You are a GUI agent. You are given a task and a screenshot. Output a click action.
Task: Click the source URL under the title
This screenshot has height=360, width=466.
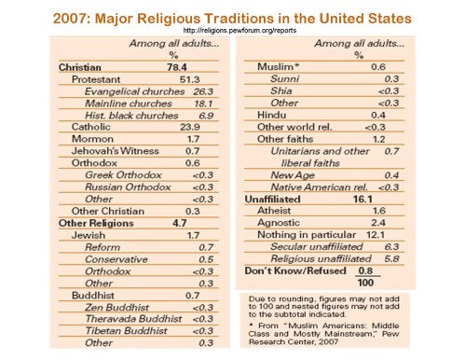pyautogui.click(x=233, y=29)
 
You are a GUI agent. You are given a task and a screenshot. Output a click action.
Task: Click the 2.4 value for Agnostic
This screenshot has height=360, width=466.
pyautogui.click(x=402, y=224)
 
